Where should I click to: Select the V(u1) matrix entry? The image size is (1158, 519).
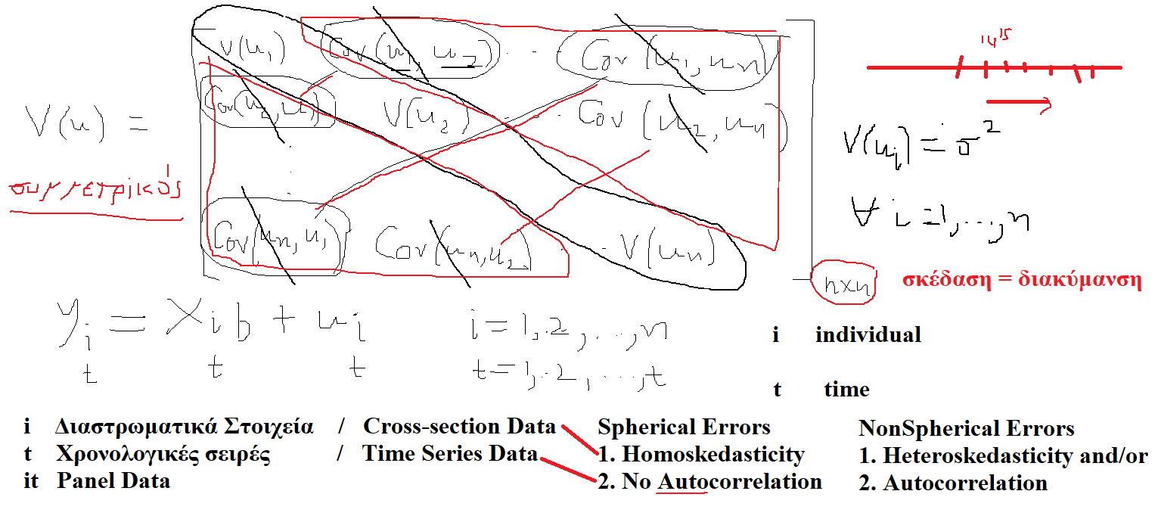(x=252, y=51)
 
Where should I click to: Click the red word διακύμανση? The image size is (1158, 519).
(x=1085, y=280)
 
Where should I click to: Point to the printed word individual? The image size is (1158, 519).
(x=868, y=334)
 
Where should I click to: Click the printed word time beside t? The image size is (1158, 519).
(x=846, y=390)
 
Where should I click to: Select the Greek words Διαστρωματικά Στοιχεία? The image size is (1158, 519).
(x=184, y=426)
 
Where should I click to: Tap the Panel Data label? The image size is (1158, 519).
(x=113, y=480)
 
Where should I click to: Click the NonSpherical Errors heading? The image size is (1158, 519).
(x=966, y=429)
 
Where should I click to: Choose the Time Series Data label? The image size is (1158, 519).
(x=449, y=453)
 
